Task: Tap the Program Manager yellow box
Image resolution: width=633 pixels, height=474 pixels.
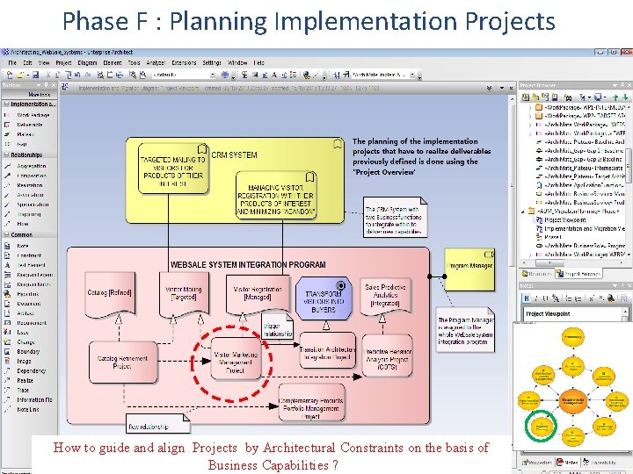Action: [x=471, y=265]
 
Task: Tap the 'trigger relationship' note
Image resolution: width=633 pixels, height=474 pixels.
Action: [x=278, y=329]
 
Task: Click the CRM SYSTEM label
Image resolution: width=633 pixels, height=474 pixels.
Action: [x=235, y=154]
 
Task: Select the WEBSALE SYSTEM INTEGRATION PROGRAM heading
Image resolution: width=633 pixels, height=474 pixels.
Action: [x=248, y=264]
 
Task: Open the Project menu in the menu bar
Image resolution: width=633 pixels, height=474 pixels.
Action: [x=63, y=63]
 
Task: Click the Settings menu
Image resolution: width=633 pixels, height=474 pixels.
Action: [x=212, y=63]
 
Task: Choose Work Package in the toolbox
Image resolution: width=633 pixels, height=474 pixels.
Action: [x=33, y=115]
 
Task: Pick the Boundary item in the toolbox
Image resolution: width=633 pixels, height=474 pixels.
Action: [x=27, y=351]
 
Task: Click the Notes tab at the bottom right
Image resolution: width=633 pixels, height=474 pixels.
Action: [x=566, y=462]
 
